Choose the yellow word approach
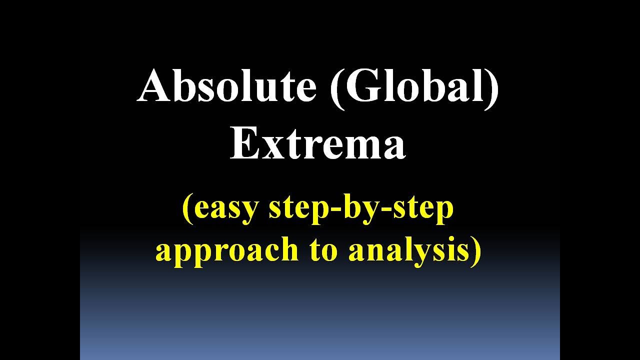point(227,250)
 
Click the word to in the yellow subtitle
point(323,250)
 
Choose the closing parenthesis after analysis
point(475,250)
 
